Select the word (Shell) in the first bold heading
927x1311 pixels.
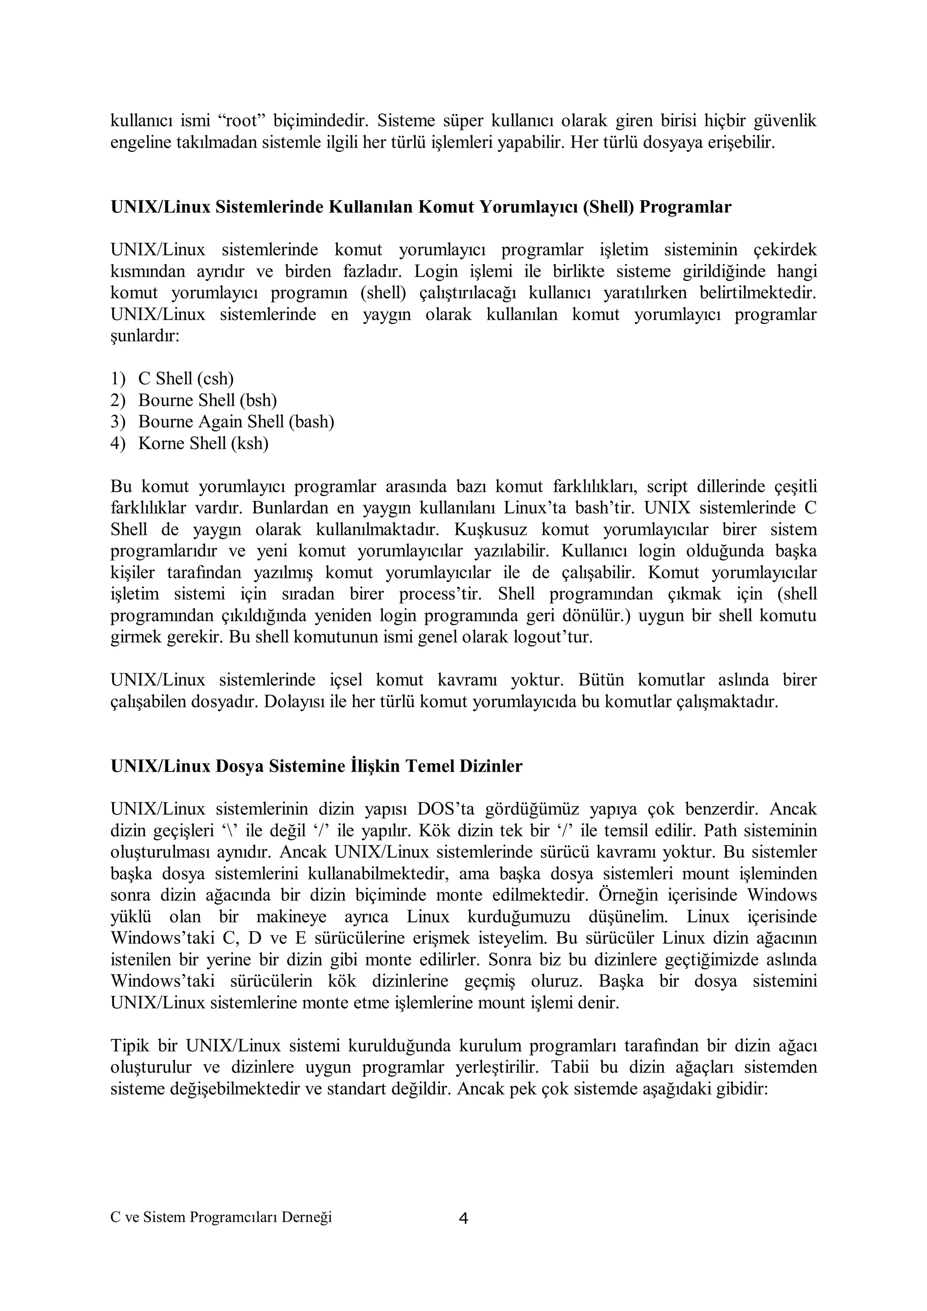pos(608,206)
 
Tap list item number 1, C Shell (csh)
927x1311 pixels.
pos(186,379)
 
